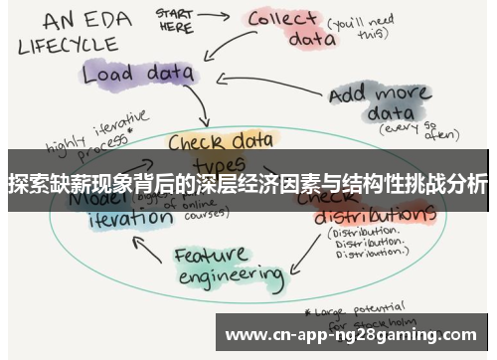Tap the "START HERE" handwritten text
pos(176,20)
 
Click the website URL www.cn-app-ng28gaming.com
pos(352,334)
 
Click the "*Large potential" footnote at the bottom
pos(348,306)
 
